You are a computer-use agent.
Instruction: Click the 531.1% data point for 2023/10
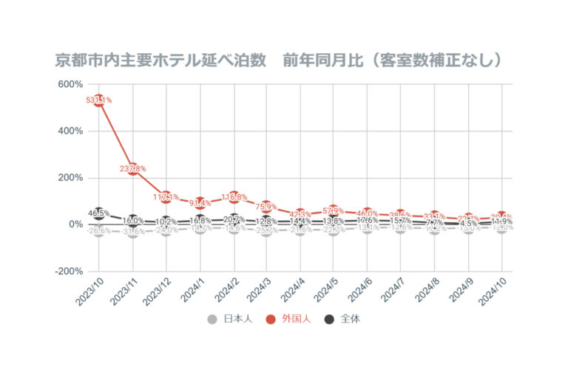coord(98,100)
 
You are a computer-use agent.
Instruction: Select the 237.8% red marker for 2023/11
coord(132,168)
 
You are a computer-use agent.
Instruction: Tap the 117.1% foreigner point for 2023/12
coord(166,197)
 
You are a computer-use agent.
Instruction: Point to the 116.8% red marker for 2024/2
coord(233,197)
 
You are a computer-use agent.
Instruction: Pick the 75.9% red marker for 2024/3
coord(267,207)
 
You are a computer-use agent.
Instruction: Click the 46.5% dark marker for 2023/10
coord(98,213)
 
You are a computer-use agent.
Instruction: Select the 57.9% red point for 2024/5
coord(334,211)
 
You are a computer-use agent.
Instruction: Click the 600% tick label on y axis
coord(70,84)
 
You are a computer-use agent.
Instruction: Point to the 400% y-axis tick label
coord(70,131)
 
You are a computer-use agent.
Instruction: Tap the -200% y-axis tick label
coord(68,271)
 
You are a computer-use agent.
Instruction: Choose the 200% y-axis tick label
coord(70,178)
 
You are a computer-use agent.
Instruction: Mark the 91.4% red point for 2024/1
coord(200,203)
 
